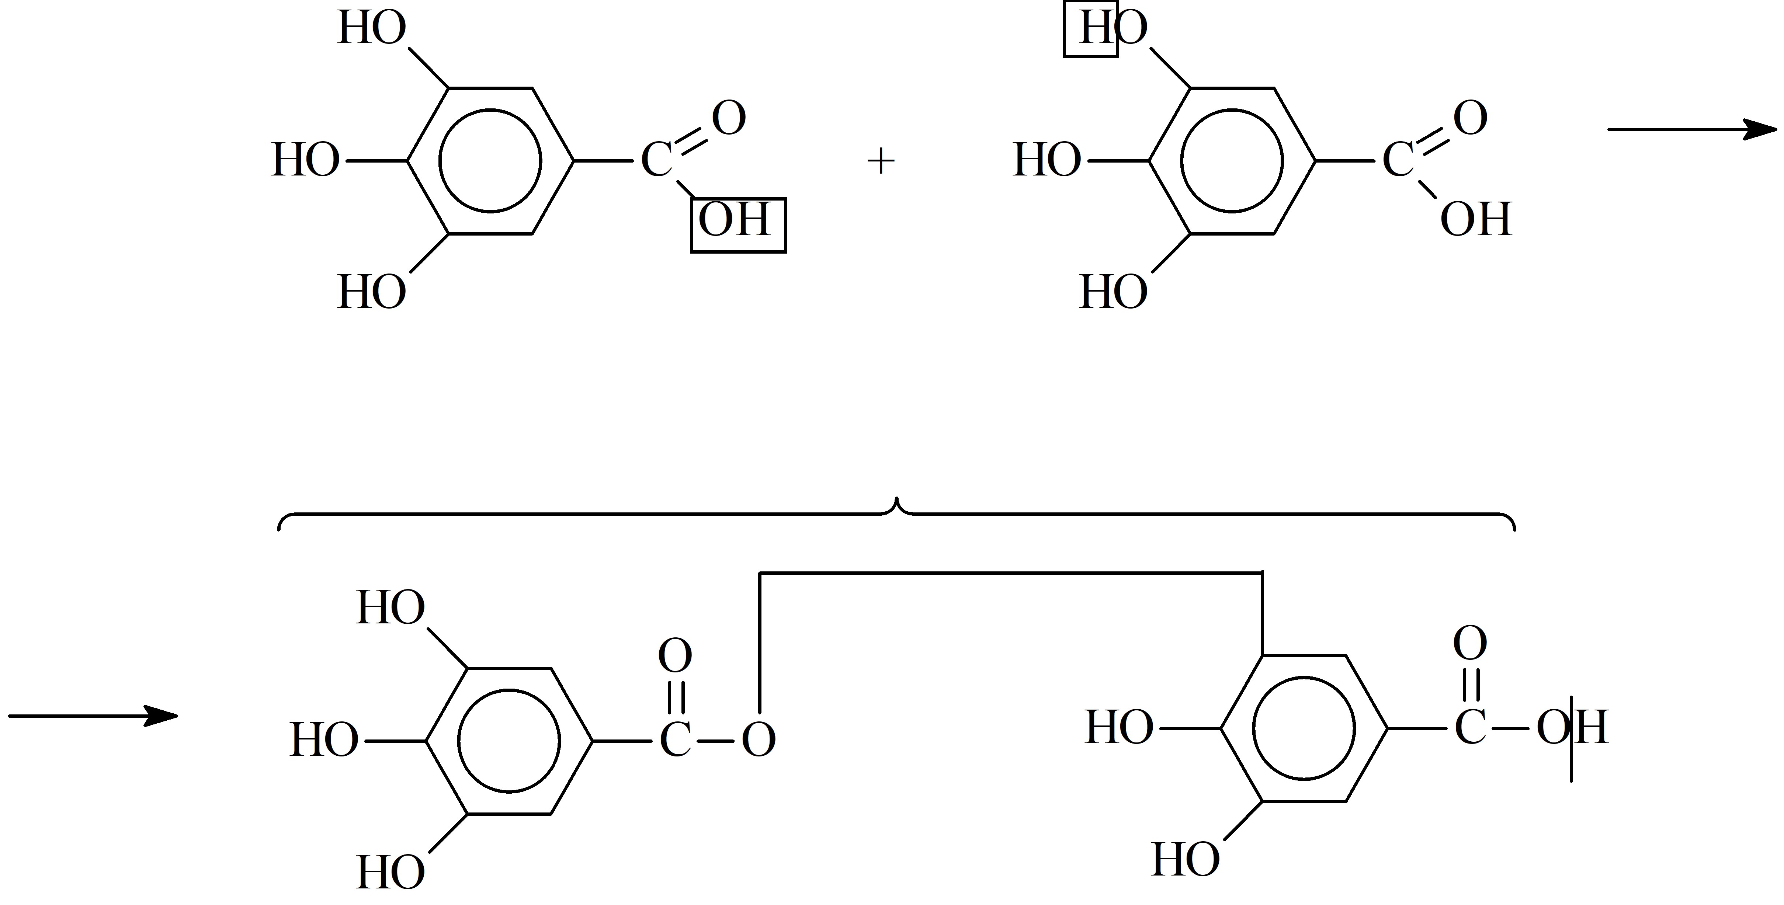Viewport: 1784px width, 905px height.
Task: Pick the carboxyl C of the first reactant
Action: pos(656,161)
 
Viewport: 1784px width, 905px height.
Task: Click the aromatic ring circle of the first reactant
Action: pos(440,161)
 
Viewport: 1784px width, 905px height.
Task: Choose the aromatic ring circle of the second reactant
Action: pos(1181,161)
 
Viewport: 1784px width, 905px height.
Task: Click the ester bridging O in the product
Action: pos(759,739)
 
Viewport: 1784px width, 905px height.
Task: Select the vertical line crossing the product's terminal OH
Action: pos(1571,738)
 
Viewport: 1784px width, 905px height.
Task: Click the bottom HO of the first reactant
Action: pos(372,292)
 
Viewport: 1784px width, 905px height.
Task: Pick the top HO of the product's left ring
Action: pos(391,609)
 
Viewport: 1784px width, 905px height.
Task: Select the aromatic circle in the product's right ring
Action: pos(1253,728)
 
